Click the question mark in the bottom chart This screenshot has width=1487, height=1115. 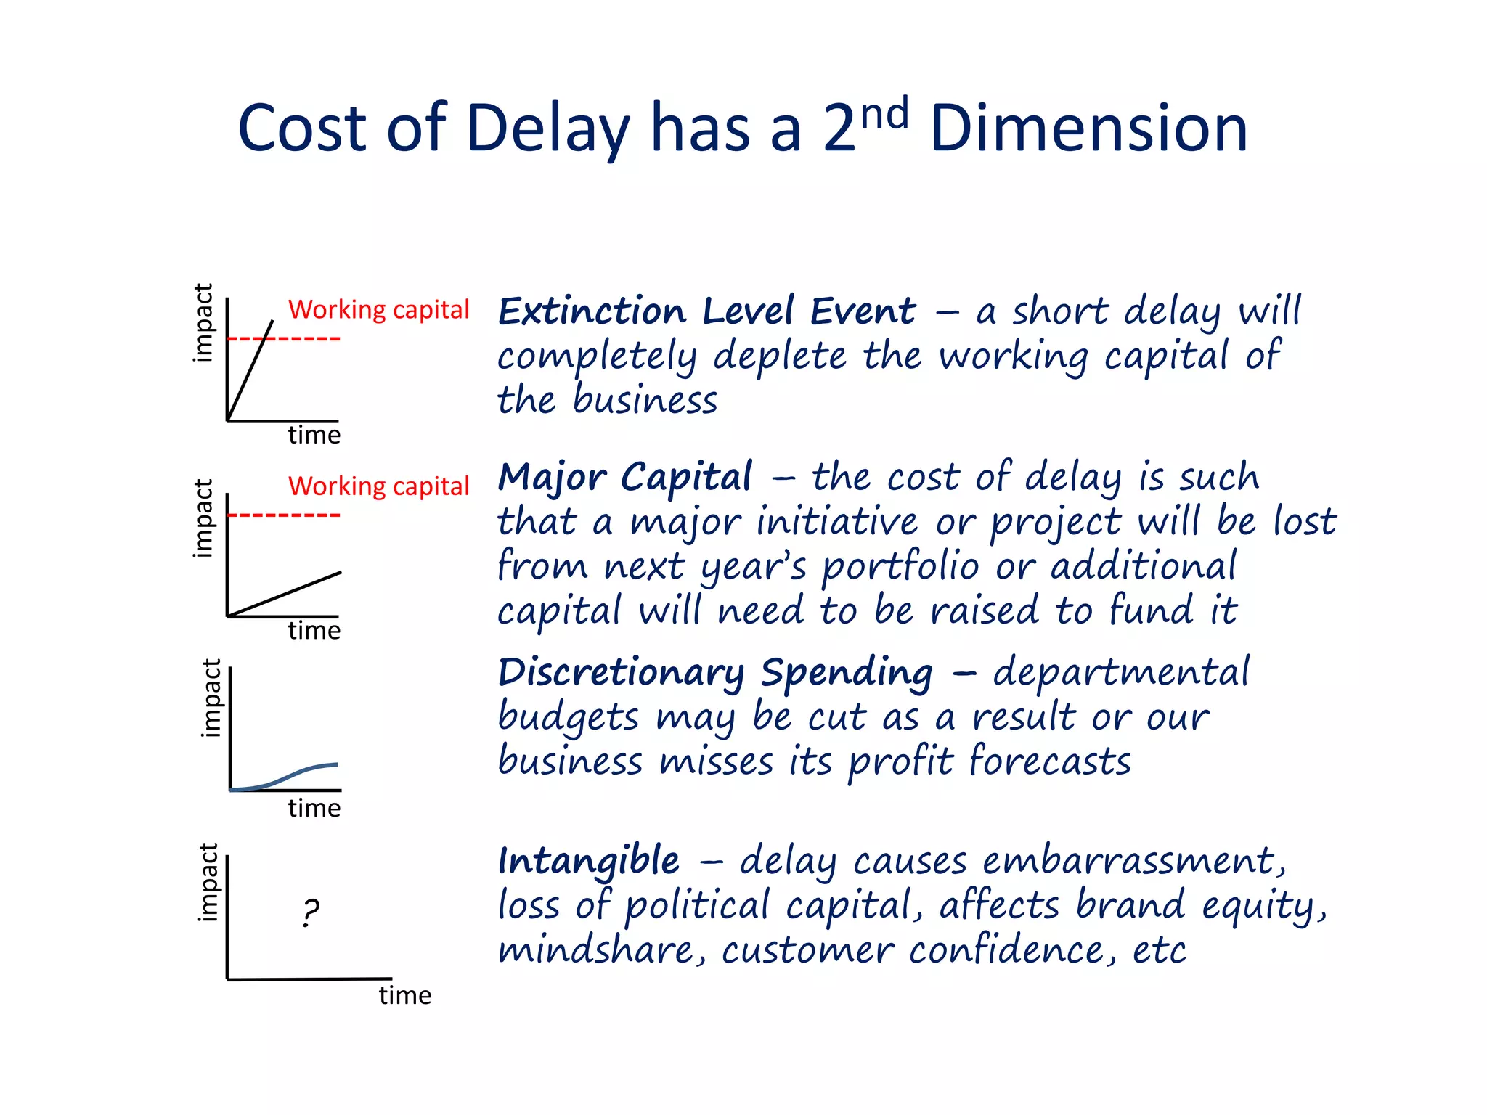[310, 912]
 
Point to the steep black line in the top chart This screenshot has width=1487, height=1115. [250, 370]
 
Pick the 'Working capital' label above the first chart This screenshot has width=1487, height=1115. [378, 310]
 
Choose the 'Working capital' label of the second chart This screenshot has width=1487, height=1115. [378, 486]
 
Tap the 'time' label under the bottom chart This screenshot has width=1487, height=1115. [404, 995]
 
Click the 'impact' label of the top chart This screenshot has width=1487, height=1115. [204, 323]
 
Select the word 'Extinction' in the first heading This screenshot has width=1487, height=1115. [592, 312]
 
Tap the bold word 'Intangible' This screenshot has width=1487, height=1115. [589, 862]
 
